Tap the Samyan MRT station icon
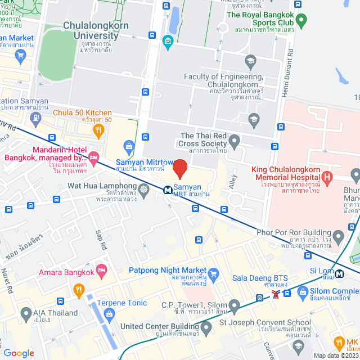click(x=168, y=190)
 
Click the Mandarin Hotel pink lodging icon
click(x=93, y=156)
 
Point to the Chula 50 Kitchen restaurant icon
click(x=99, y=130)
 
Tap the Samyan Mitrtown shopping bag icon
click(x=129, y=147)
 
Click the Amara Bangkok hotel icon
click(x=102, y=271)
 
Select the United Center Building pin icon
click(x=206, y=326)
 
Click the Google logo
click(x=19, y=353)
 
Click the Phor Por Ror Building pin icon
click(x=337, y=236)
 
